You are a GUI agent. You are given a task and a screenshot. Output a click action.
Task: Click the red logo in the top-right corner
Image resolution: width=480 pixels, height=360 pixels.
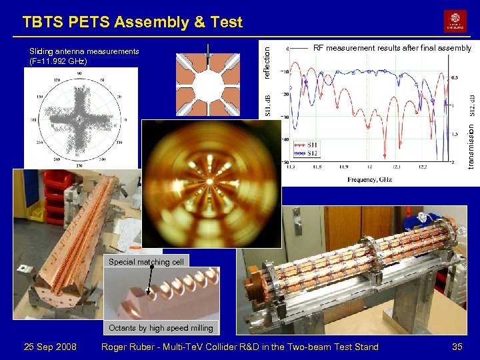[x=455, y=21]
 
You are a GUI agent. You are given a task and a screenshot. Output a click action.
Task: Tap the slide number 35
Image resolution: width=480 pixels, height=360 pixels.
[x=457, y=347]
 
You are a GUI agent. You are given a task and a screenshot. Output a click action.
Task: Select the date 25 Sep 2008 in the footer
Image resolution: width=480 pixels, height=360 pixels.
[x=50, y=347]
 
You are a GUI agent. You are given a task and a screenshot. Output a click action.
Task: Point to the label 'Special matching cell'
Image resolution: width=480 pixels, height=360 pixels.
[x=146, y=262]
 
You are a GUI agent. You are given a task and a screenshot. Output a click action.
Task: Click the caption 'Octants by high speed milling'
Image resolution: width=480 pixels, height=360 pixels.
[x=161, y=327]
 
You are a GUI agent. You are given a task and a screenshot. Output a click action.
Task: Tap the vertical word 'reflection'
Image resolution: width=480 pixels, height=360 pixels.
[x=267, y=59]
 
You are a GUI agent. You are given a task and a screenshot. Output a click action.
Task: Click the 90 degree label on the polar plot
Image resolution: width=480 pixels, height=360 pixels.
[x=79, y=73]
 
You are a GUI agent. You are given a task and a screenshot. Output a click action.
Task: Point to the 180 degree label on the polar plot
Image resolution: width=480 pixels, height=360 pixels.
[x=32, y=121]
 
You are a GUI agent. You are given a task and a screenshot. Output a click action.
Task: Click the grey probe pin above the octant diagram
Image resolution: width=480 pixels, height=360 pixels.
[x=208, y=53]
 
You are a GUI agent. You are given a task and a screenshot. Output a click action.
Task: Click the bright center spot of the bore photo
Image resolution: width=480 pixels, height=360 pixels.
[x=211, y=181]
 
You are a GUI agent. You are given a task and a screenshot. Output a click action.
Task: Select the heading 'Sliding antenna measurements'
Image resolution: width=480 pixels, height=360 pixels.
[x=84, y=51]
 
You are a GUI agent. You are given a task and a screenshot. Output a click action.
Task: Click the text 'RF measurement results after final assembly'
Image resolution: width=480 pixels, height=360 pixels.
[x=392, y=48]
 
